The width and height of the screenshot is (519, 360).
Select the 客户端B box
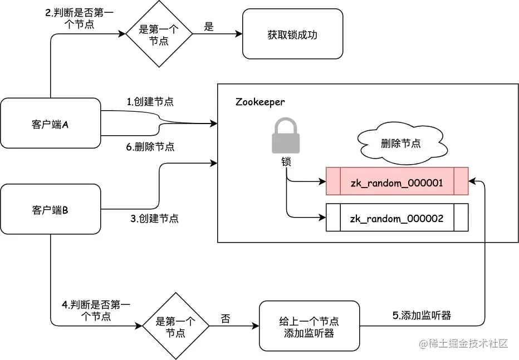[x=50, y=210]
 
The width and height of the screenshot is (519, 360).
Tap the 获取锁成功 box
[x=292, y=34]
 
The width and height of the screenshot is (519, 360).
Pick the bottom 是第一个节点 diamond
[x=175, y=327]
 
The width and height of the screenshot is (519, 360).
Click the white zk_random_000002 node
[x=396, y=218]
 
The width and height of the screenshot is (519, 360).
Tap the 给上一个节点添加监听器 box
[x=309, y=327]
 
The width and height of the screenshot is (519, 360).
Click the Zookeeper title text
[x=259, y=102]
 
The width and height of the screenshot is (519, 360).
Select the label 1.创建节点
[x=150, y=102]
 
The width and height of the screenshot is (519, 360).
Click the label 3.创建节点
[x=154, y=219]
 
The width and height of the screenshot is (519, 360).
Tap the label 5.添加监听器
[x=422, y=315]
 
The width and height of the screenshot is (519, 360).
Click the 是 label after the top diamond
[x=209, y=27]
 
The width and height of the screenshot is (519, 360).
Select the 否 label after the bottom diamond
[x=226, y=319]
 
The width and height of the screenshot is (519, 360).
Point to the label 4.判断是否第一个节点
[x=96, y=310]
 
